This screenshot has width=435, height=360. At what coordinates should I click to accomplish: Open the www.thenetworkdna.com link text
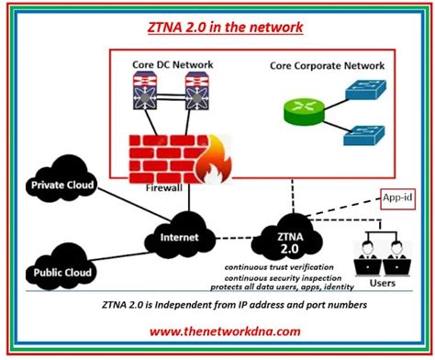pyautogui.click(x=217, y=331)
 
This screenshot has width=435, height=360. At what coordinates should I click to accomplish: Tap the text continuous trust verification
pyautogui.click(x=276, y=267)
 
